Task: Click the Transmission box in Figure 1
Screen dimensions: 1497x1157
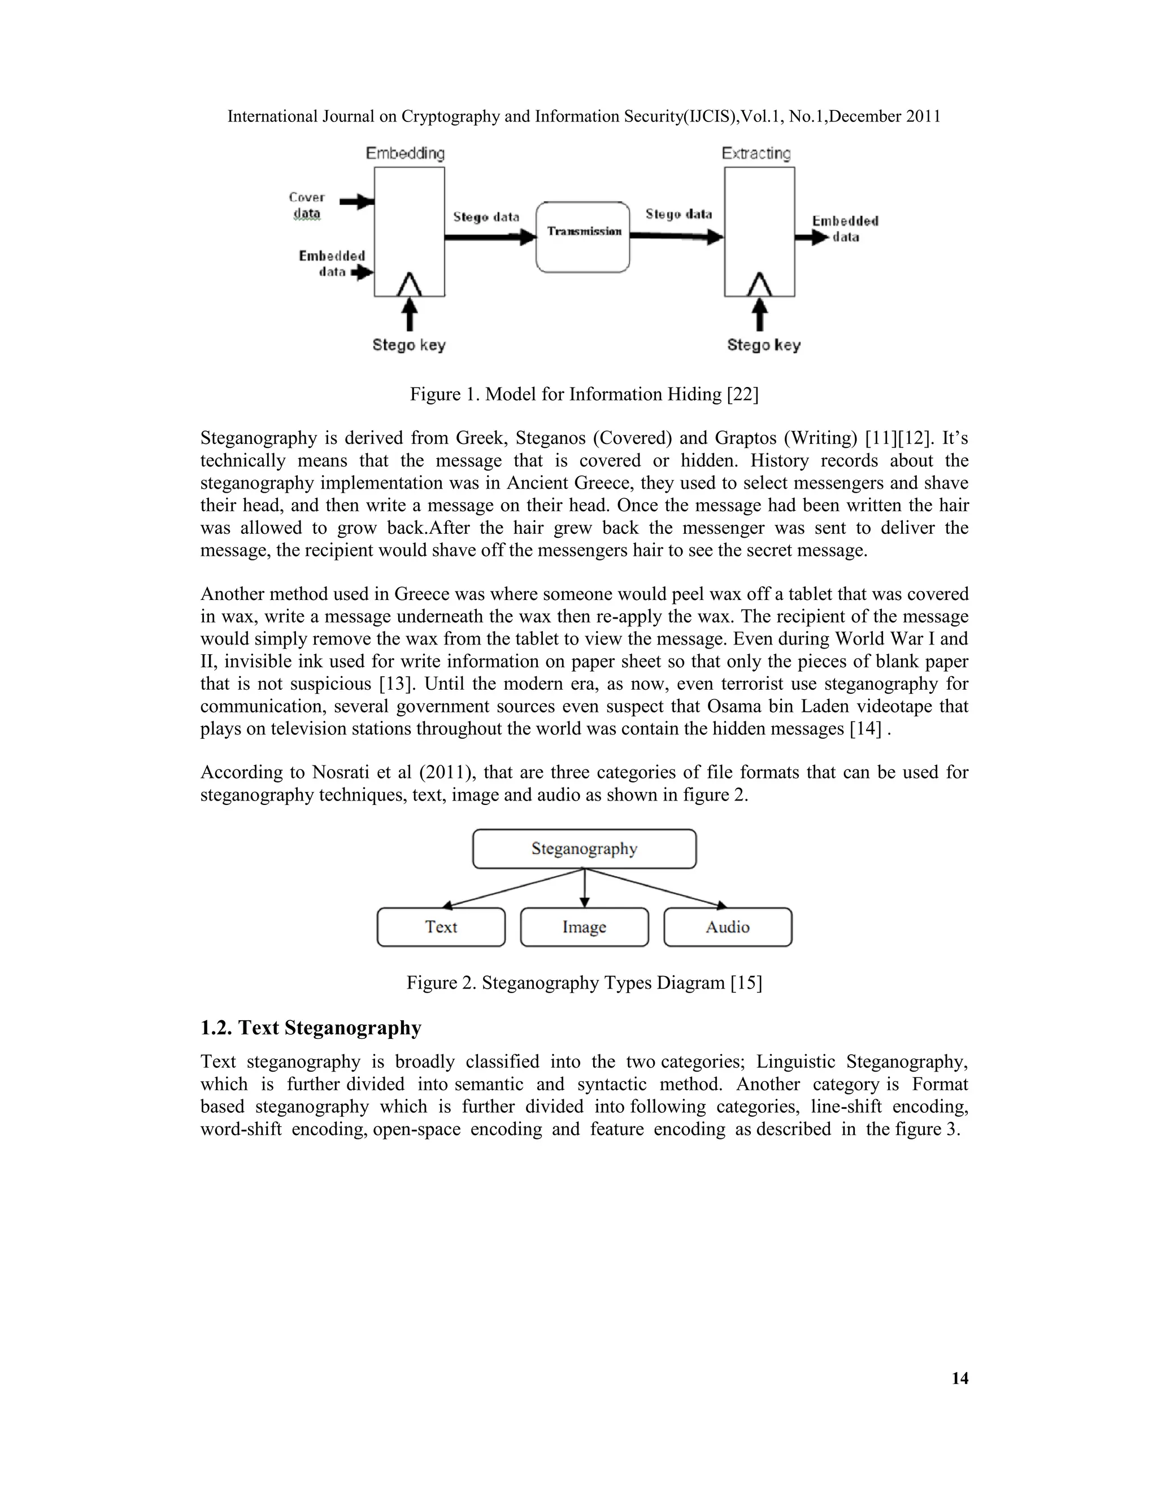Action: (582, 237)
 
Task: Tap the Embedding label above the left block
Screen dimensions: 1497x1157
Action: (405, 153)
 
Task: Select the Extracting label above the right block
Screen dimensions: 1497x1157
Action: (756, 153)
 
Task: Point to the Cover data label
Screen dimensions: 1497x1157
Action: (306, 205)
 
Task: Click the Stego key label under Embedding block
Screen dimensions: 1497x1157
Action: (408, 345)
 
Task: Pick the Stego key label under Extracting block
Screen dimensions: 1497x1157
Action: (764, 345)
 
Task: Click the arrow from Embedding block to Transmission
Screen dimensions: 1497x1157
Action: (489, 237)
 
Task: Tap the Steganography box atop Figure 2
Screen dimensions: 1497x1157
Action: (584, 848)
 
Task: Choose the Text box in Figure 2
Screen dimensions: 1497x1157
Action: (441, 926)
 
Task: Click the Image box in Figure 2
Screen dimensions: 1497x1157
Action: (584, 926)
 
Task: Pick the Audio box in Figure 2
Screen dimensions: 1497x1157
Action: (727, 926)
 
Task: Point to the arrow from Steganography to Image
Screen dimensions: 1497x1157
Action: (584, 889)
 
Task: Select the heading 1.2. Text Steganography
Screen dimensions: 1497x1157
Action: (311, 1028)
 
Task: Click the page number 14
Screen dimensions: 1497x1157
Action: (960, 1378)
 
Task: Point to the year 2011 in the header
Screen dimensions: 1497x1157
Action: (923, 116)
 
